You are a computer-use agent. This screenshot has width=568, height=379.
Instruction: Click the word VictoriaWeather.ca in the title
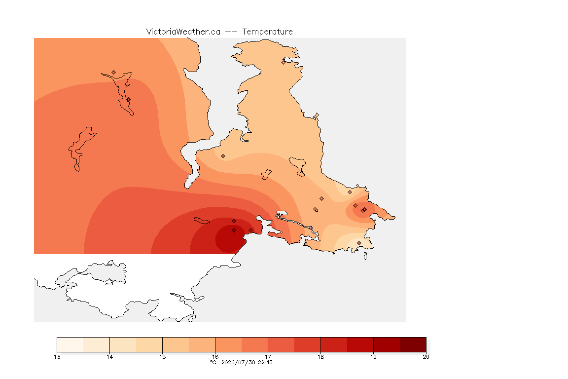point(183,32)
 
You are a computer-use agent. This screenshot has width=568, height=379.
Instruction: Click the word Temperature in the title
point(267,32)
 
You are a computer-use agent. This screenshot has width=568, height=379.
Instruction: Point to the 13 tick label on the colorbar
point(57,357)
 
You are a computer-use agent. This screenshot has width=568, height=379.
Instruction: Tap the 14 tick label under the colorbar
point(110,357)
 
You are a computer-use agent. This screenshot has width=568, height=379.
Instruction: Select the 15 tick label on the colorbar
point(162,357)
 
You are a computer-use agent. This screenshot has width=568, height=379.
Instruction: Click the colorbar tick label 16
point(215,357)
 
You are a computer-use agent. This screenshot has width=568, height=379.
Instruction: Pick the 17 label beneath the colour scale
point(268,357)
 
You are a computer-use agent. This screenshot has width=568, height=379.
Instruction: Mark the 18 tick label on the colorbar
point(320,357)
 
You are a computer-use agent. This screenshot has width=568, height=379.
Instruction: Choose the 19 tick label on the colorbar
point(373,357)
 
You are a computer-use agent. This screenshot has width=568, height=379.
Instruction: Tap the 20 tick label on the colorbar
point(426,357)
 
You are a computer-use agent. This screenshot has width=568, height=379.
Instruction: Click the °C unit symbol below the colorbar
point(213,362)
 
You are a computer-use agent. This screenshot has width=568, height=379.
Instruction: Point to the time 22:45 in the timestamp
point(265,362)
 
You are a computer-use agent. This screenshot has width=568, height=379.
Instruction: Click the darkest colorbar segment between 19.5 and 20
point(413,344)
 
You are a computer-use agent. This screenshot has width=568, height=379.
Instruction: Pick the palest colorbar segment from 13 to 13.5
point(71,344)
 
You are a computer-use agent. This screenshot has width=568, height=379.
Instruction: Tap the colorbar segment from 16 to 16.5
point(229,344)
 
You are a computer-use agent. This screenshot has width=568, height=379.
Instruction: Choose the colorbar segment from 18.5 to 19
point(360,344)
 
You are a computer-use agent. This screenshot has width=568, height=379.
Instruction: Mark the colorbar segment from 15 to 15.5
point(176,344)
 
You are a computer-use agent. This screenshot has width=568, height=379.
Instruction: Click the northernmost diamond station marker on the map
point(284,62)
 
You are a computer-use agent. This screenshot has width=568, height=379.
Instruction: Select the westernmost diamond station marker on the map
point(114,73)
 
